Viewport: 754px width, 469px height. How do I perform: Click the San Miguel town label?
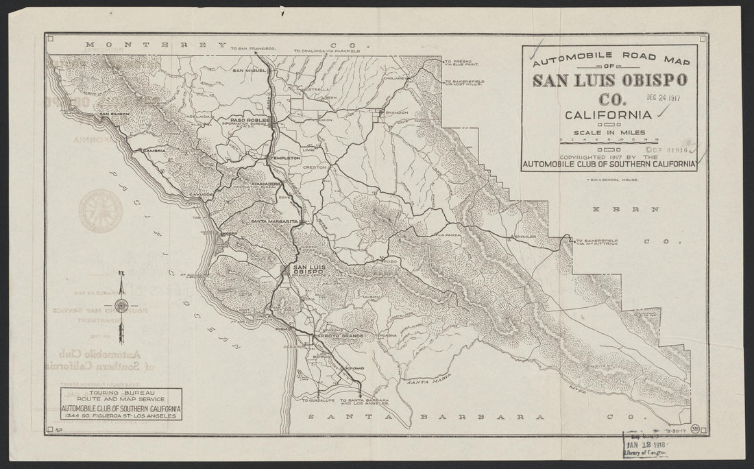tap(248, 70)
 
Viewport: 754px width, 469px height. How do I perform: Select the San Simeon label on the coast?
tap(114, 114)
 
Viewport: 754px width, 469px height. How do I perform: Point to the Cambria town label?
tap(155, 150)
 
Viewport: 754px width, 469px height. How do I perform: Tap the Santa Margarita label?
tap(274, 221)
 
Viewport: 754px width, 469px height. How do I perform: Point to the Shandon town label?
tap(397, 112)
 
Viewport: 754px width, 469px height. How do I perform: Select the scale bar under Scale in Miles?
tap(609, 139)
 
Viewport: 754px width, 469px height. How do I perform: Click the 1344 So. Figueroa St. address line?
tap(120, 416)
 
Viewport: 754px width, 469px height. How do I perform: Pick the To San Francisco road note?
tap(253, 49)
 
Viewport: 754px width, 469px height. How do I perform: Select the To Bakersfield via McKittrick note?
tap(597, 243)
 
